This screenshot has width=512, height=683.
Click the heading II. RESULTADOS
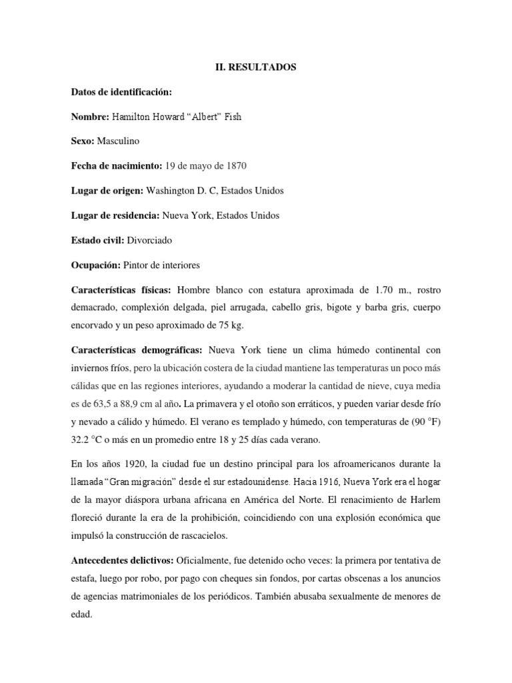click(255, 67)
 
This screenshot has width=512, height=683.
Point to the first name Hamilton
click(133, 117)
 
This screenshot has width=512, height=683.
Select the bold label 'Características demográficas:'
click(137, 351)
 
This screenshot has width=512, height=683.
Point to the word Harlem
click(423, 498)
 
